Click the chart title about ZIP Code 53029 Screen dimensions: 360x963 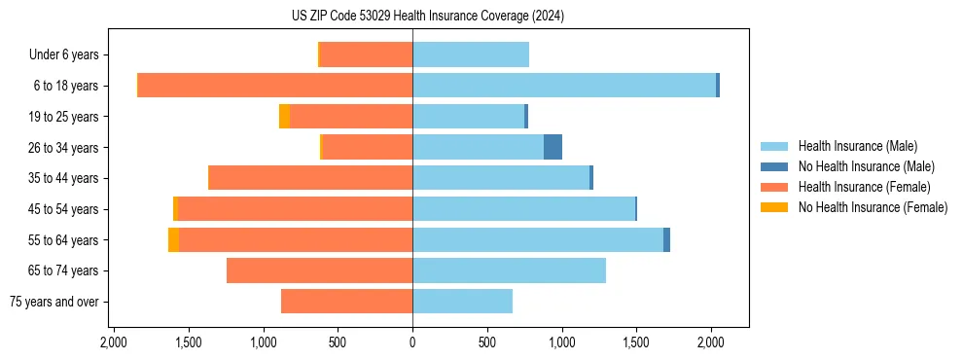pos(427,17)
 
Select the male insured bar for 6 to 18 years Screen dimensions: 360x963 pos(564,86)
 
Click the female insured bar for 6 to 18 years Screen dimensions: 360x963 pos(275,86)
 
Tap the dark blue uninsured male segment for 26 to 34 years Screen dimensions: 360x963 pos(553,147)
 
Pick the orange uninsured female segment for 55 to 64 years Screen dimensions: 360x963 pos(173,240)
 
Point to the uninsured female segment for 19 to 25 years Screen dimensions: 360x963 pos(284,117)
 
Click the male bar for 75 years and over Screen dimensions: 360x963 pos(462,302)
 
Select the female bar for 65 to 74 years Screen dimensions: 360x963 pos(319,270)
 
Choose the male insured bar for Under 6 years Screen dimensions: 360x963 pos(471,54)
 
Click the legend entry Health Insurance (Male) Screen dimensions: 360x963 pos(856,146)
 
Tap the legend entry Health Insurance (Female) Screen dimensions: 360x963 pos(864,187)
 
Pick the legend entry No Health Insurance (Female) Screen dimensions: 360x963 pos(873,207)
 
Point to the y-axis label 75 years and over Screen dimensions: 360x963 pos(53,302)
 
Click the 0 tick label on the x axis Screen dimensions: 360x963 pos(412,342)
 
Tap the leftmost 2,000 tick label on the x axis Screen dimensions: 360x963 pos(114,342)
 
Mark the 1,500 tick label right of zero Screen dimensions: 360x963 pos(636,342)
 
